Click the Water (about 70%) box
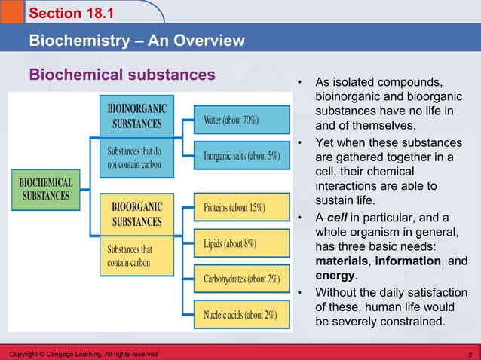(241, 121)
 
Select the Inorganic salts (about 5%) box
(241, 156)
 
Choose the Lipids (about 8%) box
(241, 243)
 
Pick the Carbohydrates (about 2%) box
(241, 279)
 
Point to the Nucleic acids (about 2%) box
(241, 315)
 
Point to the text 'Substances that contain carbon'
(129, 256)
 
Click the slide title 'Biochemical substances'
(122, 75)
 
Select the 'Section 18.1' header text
(64, 14)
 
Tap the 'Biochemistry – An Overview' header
(136, 40)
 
